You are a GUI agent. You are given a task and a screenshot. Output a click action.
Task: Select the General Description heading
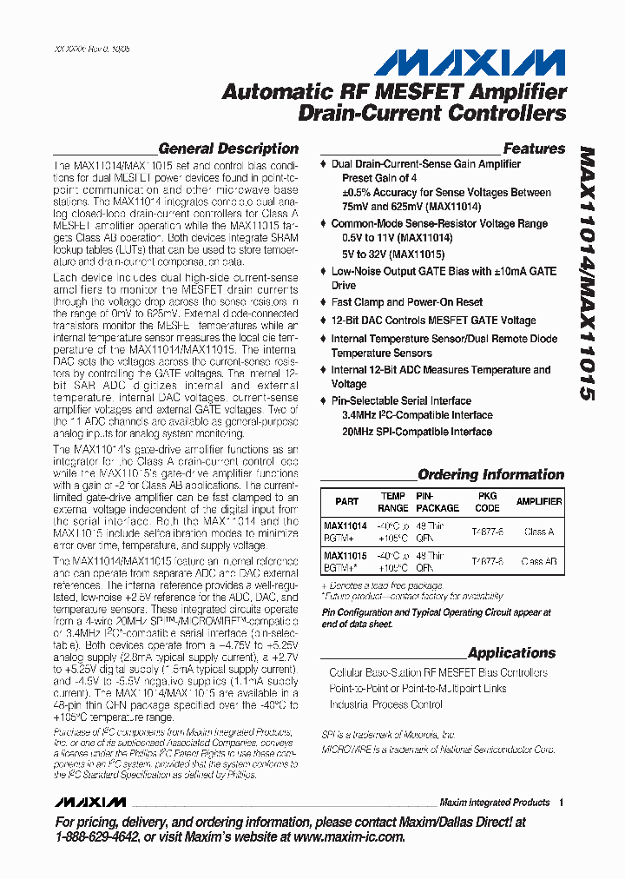[228, 149]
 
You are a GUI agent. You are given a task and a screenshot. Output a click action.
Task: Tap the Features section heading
[534, 149]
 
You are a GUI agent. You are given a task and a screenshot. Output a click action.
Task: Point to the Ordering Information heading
[490, 474]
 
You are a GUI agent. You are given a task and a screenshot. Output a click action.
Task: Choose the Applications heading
[511, 652]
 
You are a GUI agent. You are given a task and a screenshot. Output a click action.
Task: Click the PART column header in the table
[346, 501]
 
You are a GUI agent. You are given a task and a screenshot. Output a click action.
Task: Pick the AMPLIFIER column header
[539, 501]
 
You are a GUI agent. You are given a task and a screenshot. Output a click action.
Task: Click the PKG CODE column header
[487, 502]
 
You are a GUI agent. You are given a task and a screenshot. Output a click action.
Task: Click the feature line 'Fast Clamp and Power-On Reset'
[407, 302]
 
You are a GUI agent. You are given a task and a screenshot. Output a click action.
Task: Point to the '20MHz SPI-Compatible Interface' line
[417, 431]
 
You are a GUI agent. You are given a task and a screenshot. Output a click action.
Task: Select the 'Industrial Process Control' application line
[385, 704]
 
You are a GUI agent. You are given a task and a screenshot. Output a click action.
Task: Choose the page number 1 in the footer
[562, 802]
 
